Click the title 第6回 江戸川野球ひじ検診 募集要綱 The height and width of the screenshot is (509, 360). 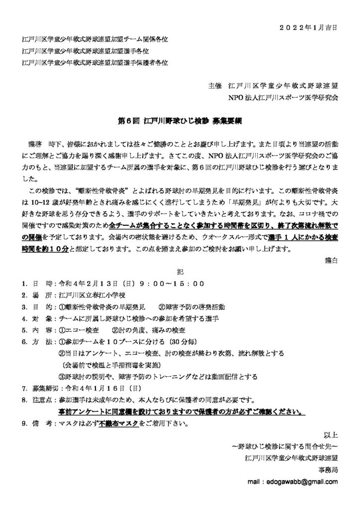pyautogui.click(x=180, y=121)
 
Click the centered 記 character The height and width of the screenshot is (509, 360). pyautogui.click(x=180, y=272)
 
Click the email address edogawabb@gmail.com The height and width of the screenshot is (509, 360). pyautogui.click(x=295, y=482)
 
